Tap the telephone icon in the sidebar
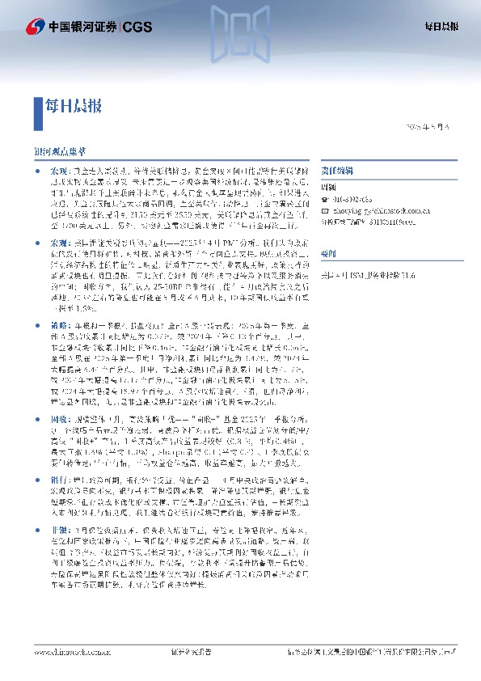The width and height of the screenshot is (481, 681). [x=324, y=199]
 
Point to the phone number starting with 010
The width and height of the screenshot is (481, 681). [x=352, y=199]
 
